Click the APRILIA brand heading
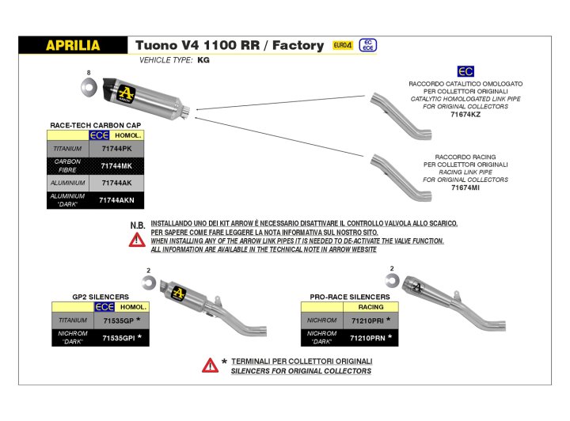[72, 46]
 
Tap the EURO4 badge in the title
[343, 46]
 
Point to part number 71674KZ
[465, 115]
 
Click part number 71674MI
[465, 188]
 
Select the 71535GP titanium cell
[117, 320]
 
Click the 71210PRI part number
[370, 320]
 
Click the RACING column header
[370, 306]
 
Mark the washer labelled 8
[89, 86]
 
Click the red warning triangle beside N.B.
[137, 240]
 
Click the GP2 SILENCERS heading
[101, 297]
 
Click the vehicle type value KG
[203, 60]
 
